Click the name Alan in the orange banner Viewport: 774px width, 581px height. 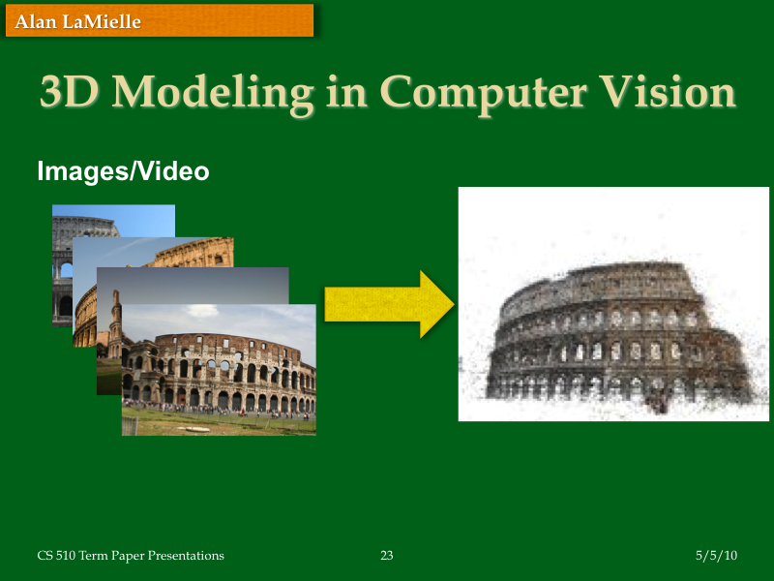pos(33,21)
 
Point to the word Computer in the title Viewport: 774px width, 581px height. pos(481,94)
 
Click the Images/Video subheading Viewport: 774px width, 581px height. pos(123,171)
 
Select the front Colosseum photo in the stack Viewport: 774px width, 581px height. pos(219,370)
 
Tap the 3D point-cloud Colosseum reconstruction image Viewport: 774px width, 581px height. pos(612,304)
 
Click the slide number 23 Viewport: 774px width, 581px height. pos(387,556)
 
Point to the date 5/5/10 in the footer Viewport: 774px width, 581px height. pos(716,556)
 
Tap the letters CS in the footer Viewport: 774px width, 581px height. pos(45,556)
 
